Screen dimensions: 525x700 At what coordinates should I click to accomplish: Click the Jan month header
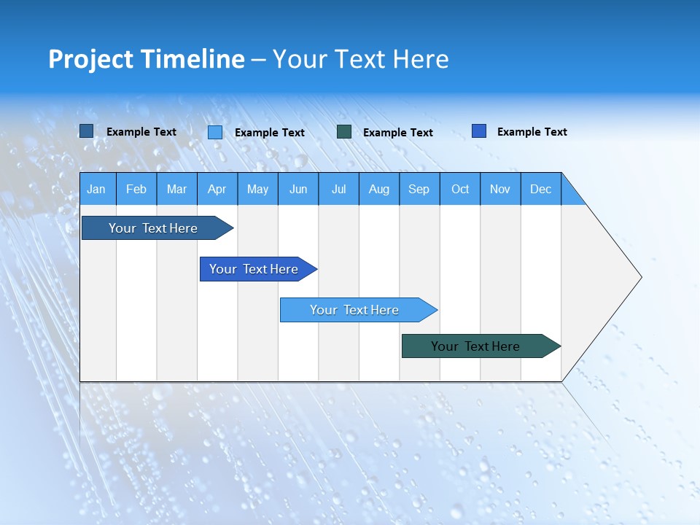(97, 189)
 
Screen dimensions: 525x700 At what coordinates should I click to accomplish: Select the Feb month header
(136, 189)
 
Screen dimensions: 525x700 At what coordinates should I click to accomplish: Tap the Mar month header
(176, 189)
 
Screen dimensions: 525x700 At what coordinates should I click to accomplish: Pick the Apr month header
(217, 189)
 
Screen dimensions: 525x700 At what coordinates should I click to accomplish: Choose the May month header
(257, 189)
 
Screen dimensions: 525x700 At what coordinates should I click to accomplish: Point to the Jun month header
(298, 189)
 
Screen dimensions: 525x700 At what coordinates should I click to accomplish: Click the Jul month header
(338, 189)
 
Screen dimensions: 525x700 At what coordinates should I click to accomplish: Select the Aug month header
(379, 189)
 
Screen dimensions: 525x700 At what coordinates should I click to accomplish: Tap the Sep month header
(419, 189)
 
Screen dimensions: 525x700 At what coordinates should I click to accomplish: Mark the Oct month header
(460, 189)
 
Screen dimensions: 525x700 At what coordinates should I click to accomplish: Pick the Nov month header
(500, 189)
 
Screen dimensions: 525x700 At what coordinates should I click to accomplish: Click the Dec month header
(541, 189)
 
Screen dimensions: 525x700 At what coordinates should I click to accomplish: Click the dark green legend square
(344, 132)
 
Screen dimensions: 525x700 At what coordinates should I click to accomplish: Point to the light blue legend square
(215, 132)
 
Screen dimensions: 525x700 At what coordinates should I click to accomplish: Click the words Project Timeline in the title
(147, 59)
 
